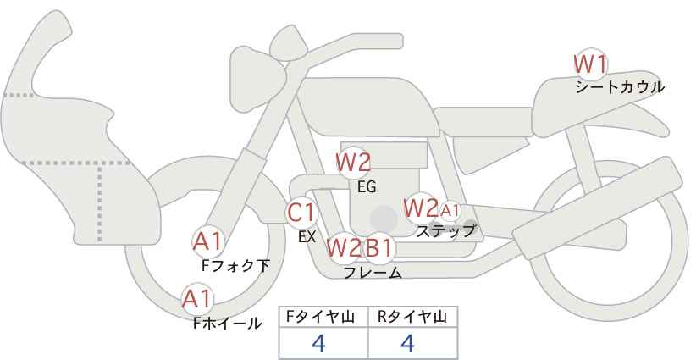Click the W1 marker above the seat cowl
[590, 65]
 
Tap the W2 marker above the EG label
[353, 163]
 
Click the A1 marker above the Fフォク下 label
[207, 241]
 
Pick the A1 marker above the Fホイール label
[197, 299]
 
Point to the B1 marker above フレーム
[378, 247]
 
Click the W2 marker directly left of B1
[344, 247]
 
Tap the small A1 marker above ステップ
[450, 210]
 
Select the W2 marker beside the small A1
[421, 208]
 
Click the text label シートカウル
[620, 87]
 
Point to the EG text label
[367, 187]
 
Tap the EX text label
[307, 237]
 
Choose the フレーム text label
[373, 273]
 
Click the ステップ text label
[445, 231]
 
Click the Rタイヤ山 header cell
[413, 318]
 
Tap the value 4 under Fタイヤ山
[318, 343]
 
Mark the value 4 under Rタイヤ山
[407, 343]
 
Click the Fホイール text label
[227, 324]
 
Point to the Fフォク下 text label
[235, 266]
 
